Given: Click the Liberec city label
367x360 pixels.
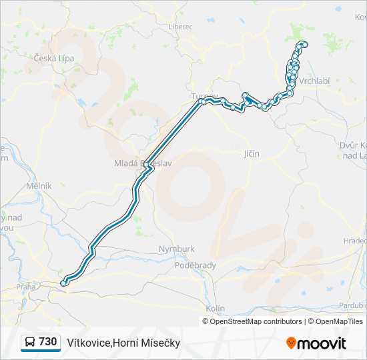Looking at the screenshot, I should point(180,27).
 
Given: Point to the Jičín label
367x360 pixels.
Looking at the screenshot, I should point(252,154).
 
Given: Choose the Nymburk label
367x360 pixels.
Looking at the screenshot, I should point(177,249).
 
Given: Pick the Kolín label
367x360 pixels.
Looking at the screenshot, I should point(216,309).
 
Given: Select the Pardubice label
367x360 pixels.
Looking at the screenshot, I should point(353,305).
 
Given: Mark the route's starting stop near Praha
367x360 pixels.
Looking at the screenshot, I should point(64,283).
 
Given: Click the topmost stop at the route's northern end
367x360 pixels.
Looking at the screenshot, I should point(305,45).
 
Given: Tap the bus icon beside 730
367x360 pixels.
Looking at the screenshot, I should point(30,343).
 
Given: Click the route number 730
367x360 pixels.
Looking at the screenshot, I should point(47,342).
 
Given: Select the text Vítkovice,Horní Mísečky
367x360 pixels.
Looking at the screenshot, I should point(123,343).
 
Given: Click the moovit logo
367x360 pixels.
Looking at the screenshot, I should point(316,343).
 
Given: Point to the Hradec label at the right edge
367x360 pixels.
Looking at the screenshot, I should point(355,241).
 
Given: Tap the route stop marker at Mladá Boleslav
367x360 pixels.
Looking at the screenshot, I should point(146,165).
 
